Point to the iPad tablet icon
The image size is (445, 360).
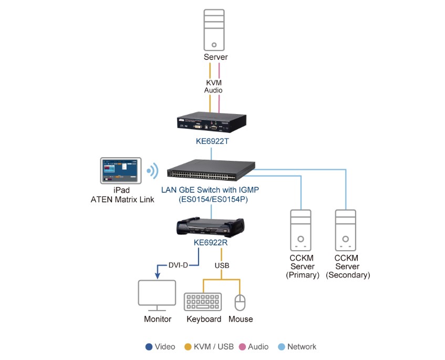120,170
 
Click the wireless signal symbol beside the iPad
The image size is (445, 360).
152,170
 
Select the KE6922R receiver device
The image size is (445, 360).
211,227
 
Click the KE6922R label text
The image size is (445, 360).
211,243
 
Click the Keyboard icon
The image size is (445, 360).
203,302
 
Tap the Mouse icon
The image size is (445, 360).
240,302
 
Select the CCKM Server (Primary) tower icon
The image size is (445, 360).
302,230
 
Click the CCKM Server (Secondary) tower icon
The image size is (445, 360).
347,230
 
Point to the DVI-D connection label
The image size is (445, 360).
178,265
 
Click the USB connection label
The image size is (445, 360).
222,265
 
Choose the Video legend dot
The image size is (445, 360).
149,347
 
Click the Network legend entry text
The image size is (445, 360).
302,347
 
